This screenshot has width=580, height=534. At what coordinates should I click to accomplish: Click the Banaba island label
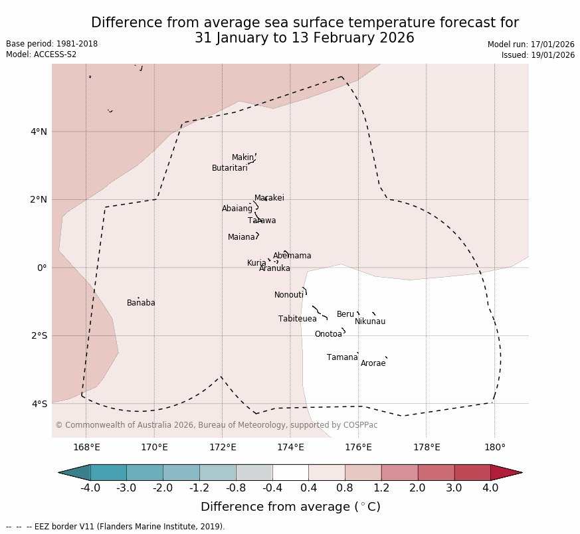click(x=141, y=303)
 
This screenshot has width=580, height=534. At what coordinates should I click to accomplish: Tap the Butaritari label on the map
click(x=229, y=168)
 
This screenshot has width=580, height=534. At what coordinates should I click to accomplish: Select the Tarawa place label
click(x=262, y=221)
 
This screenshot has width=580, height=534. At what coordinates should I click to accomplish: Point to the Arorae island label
click(x=373, y=363)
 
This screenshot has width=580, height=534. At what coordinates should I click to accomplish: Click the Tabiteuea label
click(x=297, y=319)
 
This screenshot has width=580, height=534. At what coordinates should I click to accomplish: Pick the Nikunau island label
click(x=369, y=321)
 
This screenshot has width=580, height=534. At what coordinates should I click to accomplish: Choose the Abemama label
click(x=292, y=256)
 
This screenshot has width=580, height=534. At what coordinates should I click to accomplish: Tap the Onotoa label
click(x=328, y=334)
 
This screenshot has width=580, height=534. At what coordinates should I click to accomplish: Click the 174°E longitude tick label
click(x=290, y=447)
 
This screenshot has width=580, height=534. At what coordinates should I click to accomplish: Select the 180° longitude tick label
click(x=494, y=447)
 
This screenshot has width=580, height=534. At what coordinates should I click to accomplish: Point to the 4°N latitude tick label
click(x=39, y=132)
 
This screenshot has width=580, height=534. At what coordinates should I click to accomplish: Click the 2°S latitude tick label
click(x=39, y=335)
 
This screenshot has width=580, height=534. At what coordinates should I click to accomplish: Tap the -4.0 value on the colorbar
click(x=90, y=488)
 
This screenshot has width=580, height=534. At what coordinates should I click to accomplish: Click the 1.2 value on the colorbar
click(x=381, y=488)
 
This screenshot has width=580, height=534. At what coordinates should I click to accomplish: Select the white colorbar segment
click(x=290, y=472)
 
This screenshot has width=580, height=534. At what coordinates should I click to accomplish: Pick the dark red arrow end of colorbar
click(x=506, y=472)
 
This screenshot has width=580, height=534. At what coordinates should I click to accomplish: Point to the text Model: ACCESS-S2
click(x=41, y=54)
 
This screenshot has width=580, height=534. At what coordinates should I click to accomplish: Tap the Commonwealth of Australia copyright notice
click(x=216, y=425)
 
